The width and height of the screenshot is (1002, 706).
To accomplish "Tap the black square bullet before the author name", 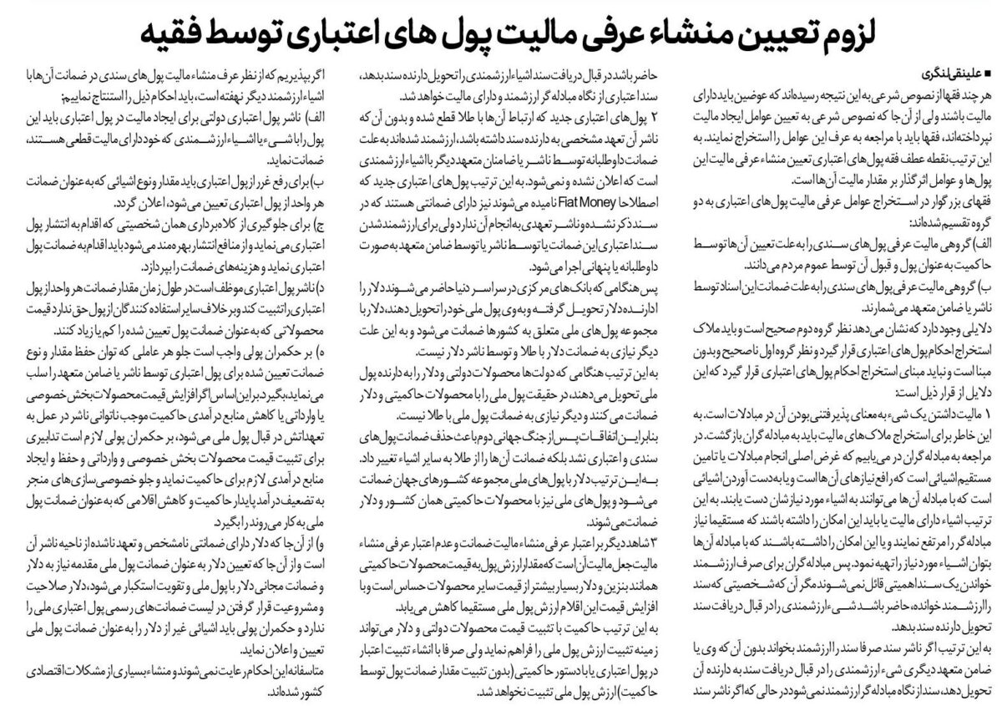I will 988,71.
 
